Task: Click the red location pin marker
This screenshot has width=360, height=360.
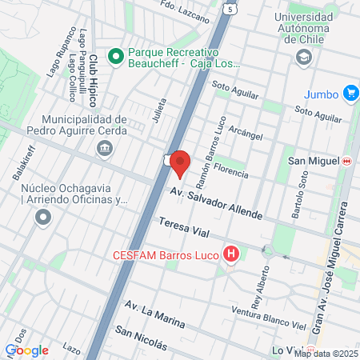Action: click(x=181, y=162)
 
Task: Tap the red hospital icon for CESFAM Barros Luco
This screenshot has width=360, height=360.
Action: click(x=232, y=255)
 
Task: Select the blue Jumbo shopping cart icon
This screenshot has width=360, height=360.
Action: click(x=350, y=94)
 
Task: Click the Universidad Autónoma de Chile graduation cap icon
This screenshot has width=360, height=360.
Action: click(x=303, y=57)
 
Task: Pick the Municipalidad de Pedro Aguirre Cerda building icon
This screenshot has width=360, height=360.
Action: click(x=104, y=149)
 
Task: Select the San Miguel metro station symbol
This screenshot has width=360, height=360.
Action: click(x=346, y=161)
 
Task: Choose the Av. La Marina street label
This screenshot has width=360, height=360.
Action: click(x=155, y=315)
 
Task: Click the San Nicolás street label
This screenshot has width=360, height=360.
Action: click(x=142, y=338)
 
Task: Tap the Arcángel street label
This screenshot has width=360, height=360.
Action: click(x=245, y=130)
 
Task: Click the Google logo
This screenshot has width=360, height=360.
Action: click(x=26, y=350)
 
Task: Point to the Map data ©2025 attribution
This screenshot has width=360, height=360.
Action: click(x=325, y=354)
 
